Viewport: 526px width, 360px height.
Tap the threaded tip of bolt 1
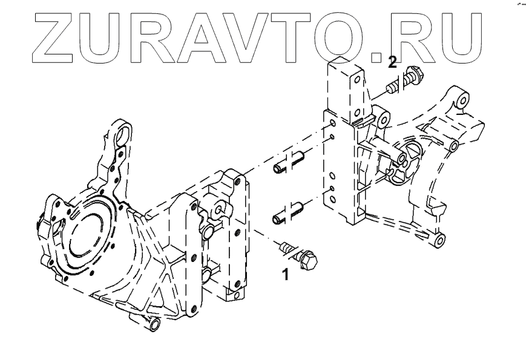[283, 247]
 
